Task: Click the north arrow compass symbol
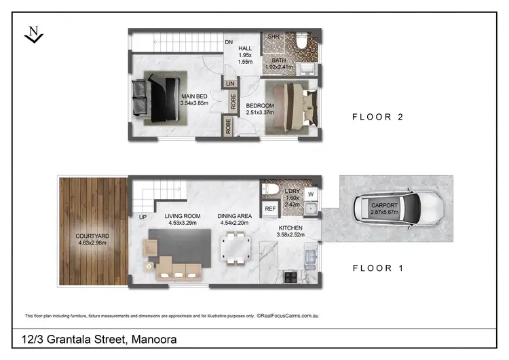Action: tap(33, 33)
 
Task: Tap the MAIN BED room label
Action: tap(193, 96)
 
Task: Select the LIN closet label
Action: tap(230, 85)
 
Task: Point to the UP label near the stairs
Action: tap(143, 217)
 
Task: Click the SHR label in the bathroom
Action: tap(274, 37)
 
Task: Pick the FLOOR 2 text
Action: tap(377, 117)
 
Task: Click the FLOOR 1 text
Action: tap(377, 268)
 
